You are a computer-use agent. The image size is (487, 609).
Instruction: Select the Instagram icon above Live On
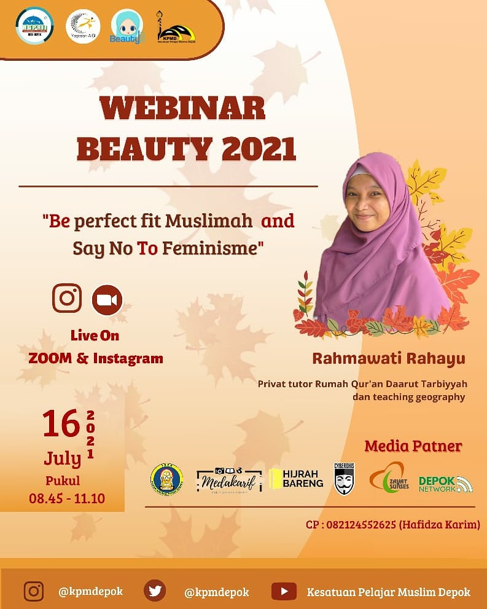pos(67,299)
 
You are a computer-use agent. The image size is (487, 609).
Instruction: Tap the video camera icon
pos(107,300)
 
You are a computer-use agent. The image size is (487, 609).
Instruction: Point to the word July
pos(62,458)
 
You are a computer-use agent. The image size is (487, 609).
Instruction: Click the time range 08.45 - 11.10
pos(67,498)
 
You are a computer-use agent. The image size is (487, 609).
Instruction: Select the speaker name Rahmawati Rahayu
pos(389,358)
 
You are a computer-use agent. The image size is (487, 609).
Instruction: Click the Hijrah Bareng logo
pos(296,479)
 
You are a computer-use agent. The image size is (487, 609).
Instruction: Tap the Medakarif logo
pos(229,479)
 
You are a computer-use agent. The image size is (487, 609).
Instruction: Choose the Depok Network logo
pos(445,484)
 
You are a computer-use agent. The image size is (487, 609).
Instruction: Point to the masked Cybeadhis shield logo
pos(345,478)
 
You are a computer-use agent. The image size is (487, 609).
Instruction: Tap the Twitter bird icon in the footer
pos(155,591)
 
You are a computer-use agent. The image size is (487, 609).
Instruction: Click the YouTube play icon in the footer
pos(284,591)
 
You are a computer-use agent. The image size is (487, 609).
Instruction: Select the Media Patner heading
pos(413,446)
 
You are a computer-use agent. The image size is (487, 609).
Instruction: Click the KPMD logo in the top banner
pos(177,27)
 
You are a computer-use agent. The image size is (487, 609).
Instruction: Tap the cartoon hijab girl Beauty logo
pos(127,27)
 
